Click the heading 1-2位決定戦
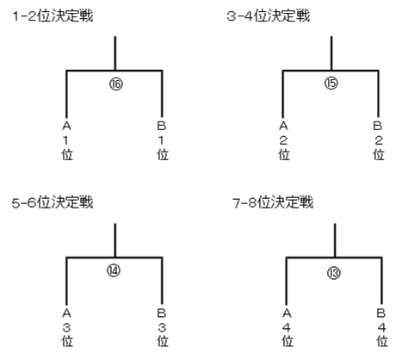point(53,16)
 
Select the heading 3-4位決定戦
point(269,16)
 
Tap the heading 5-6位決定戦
point(53,202)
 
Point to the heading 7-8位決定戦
point(273,202)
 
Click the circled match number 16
point(116,84)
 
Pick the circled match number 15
point(331,84)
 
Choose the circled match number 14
point(114,270)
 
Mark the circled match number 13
point(334,273)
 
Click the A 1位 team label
point(67,140)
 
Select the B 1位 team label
point(162,140)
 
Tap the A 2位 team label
point(283,140)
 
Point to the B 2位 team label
point(379,140)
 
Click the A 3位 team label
point(67,327)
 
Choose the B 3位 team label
point(162,327)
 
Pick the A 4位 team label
point(287,327)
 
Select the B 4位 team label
point(382,327)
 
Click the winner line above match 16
point(115,53)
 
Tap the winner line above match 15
point(331,53)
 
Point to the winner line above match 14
point(115,240)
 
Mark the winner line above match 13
point(335,240)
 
